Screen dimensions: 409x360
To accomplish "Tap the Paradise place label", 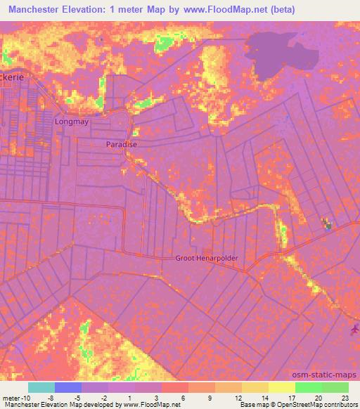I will tap(121, 144).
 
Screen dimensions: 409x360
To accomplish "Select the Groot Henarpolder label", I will tap(207, 258).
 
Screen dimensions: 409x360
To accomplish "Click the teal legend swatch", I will tap(41, 387).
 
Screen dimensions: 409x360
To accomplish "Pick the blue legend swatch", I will tap(68, 387).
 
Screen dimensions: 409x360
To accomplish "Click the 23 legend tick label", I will tap(346, 397).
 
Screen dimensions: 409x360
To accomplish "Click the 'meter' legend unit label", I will tap(11, 397).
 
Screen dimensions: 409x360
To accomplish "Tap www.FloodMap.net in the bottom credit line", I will tap(151, 405).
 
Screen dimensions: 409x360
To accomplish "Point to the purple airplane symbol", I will tap(352, 329).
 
